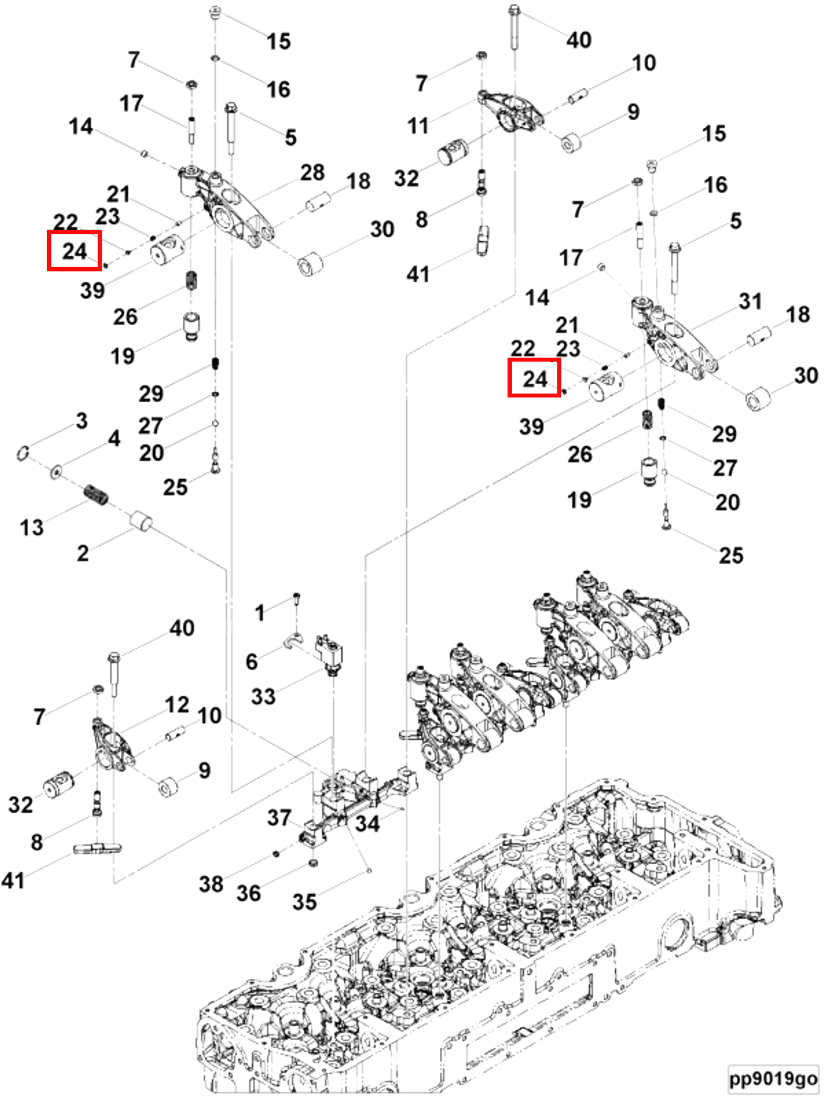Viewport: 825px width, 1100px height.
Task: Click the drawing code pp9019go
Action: [x=773, y=1078]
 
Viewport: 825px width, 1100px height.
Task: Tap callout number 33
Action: [x=263, y=696]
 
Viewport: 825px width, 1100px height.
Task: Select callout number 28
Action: [x=312, y=172]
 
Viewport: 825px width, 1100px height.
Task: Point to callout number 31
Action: [x=750, y=301]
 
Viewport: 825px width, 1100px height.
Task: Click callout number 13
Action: [x=31, y=527]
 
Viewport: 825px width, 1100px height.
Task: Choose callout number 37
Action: [x=279, y=818]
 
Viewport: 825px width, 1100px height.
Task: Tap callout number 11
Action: [x=418, y=126]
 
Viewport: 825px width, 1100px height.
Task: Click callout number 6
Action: [x=251, y=661]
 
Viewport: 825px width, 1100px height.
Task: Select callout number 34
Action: [x=367, y=824]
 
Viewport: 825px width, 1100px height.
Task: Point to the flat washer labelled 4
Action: [x=56, y=471]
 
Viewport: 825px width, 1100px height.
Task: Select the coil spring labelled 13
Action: [x=95, y=495]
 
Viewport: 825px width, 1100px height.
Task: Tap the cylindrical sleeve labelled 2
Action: [x=141, y=520]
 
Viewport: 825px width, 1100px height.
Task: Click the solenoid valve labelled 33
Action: [x=330, y=654]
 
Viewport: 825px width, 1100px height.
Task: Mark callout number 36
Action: [x=248, y=893]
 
